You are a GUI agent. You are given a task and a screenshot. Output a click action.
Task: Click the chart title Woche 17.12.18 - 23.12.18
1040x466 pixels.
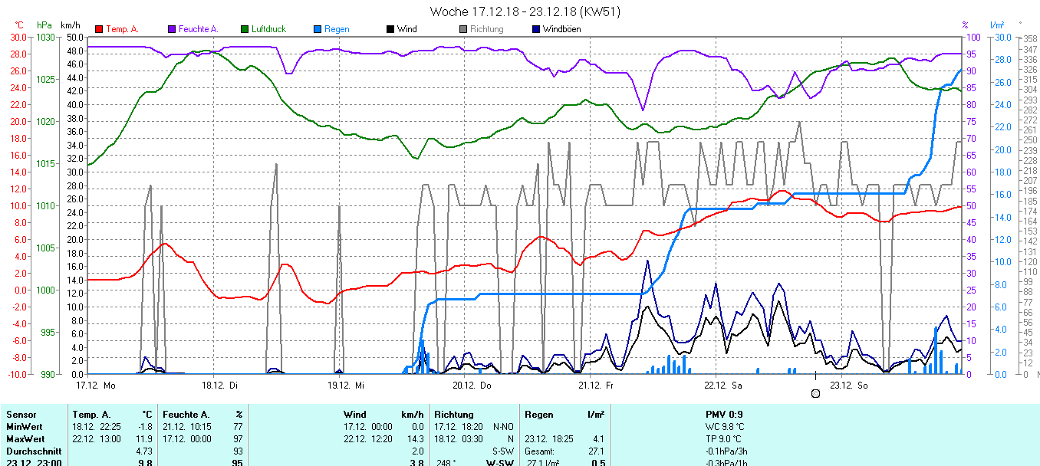click(525, 11)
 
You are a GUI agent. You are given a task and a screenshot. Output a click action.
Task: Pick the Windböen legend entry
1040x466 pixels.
click(561, 29)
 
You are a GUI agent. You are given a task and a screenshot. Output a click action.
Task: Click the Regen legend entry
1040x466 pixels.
click(336, 29)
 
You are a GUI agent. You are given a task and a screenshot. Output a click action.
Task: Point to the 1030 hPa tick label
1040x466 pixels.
click(46, 37)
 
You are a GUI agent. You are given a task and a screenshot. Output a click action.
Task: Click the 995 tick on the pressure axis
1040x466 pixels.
click(48, 332)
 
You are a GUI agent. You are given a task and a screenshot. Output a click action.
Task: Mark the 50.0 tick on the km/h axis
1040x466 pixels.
click(74, 37)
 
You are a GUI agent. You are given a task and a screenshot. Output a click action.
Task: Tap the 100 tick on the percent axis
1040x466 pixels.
click(973, 37)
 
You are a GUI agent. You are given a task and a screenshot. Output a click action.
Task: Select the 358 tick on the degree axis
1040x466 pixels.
click(1030, 38)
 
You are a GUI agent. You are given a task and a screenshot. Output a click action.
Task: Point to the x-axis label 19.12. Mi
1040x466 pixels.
click(346, 385)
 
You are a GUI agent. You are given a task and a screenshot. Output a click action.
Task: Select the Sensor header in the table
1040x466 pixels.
click(21, 415)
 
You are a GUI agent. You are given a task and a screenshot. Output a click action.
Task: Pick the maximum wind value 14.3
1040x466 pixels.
click(414, 438)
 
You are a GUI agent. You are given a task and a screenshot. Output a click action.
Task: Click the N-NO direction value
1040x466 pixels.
click(504, 426)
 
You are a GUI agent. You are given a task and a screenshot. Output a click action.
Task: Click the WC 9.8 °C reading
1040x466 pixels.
click(725, 426)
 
